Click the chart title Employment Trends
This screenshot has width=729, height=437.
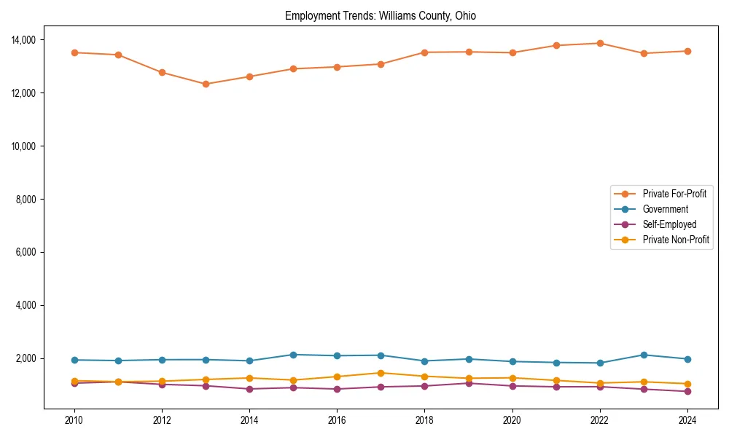pyautogui.click(x=381, y=16)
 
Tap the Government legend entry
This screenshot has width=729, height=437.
pyautogui.click(x=665, y=209)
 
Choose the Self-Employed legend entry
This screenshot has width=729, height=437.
pyautogui.click(x=669, y=224)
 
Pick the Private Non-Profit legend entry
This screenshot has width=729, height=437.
pyautogui.click(x=676, y=240)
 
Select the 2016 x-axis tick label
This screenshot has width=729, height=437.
pyautogui.click(x=337, y=420)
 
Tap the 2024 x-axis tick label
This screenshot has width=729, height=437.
pyautogui.click(x=687, y=420)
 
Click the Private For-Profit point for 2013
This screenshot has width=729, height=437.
pyautogui.click(x=206, y=84)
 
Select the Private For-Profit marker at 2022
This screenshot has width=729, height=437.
pyautogui.click(x=599, y=43)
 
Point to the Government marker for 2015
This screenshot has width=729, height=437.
pyautogui.click(x=293, y=355)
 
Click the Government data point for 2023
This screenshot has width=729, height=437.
pyautogui.click(x=643, y=355)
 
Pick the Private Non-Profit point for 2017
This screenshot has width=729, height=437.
pyautogui.click(x=381, y=373)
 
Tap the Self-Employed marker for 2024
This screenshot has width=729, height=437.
pyautogui.click(x=687, y=391)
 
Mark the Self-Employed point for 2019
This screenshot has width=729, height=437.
pyautogui.click(x=468, y=383)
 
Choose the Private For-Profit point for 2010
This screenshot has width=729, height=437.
pyautogui.click(x=74, y=52)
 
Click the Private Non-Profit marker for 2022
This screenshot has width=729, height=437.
pyautogui.click(x=599, y=383)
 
